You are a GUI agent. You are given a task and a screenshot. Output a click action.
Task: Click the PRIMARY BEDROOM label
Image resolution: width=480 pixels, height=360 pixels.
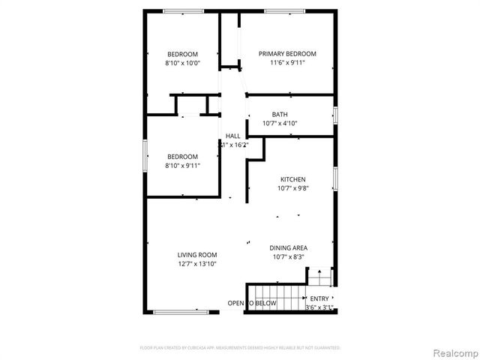287,53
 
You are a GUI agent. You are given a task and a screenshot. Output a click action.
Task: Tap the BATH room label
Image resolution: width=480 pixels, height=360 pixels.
280,114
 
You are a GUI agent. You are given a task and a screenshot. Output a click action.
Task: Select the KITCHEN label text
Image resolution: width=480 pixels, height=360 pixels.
292,179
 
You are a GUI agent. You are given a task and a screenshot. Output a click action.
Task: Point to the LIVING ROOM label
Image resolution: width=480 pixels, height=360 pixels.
197,255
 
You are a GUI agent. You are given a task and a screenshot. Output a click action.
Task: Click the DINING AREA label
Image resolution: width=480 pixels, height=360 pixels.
289,247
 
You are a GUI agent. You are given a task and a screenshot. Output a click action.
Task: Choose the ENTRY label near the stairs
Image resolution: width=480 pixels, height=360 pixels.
319,298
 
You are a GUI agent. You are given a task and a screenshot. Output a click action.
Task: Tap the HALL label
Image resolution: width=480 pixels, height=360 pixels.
233,136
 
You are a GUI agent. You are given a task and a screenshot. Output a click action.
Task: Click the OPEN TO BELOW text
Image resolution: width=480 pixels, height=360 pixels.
252,303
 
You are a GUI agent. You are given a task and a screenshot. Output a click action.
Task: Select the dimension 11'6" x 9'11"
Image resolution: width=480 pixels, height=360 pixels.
287,62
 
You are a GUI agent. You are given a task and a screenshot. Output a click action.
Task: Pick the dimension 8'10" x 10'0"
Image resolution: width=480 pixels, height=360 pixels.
183,63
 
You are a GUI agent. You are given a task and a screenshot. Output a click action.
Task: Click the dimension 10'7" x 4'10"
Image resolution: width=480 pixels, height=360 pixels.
280,123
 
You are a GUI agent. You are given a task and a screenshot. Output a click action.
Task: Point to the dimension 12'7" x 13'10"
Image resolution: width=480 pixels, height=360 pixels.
197,264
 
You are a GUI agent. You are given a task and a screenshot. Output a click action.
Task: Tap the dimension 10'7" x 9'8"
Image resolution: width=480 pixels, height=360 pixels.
292,188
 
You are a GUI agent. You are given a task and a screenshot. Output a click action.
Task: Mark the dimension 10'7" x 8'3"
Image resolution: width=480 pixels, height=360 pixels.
289,256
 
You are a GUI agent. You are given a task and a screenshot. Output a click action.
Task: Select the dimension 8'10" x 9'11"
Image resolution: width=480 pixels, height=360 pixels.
182,166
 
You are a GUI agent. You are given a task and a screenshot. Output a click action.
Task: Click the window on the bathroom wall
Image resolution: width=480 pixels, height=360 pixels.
335,115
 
